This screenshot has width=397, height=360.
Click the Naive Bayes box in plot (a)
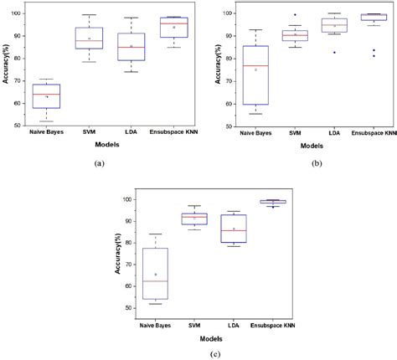(47, 95)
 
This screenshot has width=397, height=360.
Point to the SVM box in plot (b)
(293, 35)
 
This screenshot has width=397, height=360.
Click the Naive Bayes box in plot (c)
(156, 273)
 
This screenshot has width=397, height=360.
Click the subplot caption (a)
(100, 162)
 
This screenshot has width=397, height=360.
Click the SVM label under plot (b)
(293, 132)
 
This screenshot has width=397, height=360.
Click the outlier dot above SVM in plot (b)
(293, 15)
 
